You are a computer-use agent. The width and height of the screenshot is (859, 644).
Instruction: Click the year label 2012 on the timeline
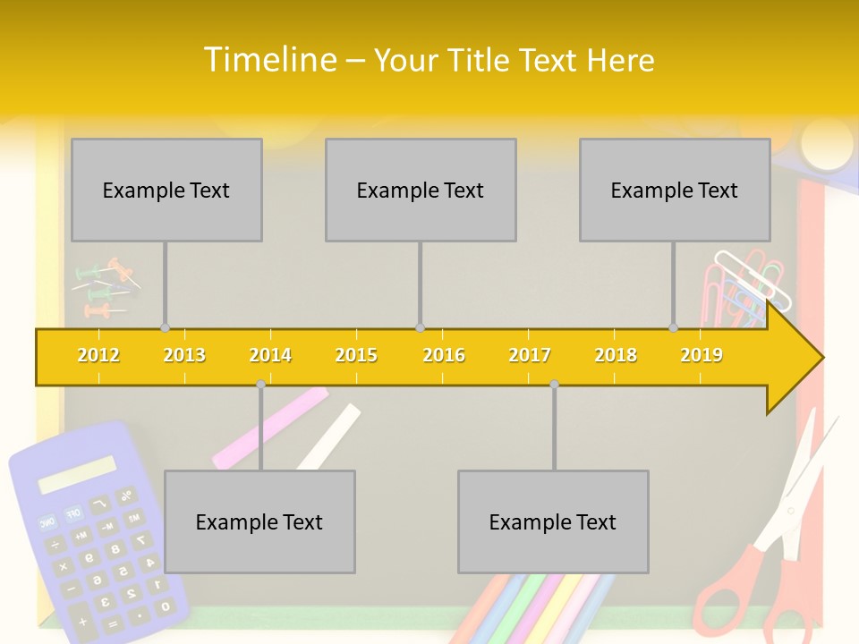coord(98,356)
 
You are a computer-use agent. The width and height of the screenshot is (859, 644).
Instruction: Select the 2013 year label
coord(184,356)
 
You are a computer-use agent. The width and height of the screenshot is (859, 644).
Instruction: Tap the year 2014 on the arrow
coord(270,356)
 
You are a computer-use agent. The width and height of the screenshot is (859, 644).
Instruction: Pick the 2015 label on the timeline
coord(356,356)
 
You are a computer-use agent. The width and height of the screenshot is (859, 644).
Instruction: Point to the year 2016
coord(444,356)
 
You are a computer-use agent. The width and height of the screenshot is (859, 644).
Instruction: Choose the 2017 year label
coord(530,356)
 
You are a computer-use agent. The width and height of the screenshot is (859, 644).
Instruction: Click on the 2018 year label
coord(616,356)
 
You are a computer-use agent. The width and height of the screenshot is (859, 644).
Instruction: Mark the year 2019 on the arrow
coord(702,356)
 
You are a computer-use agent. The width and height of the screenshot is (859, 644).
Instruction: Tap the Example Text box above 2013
coord(166,190)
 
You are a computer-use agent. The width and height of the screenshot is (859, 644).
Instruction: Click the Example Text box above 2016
coord(421,190)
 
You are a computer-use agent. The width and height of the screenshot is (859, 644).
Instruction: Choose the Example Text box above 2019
coord(675,190)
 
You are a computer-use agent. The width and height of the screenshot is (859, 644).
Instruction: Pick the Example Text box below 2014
coord(259,521)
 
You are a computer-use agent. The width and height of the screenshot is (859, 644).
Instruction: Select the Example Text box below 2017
coord(553,521)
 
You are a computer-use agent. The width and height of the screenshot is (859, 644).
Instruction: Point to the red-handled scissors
coord(770,555)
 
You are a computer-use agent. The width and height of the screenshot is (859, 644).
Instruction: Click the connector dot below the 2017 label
coord(554,384)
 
